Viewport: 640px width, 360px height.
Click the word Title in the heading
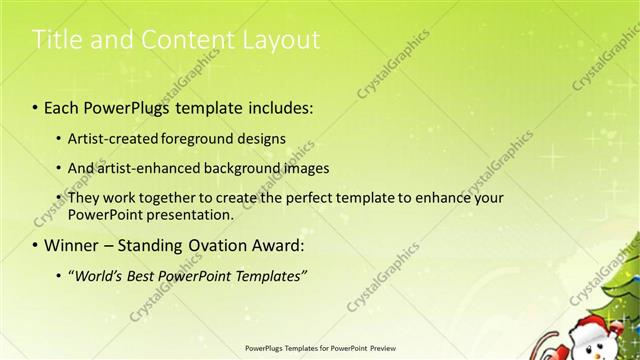coord(56,40)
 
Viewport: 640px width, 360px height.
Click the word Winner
coord(73,245)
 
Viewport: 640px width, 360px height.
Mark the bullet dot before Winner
coord(36,245)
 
